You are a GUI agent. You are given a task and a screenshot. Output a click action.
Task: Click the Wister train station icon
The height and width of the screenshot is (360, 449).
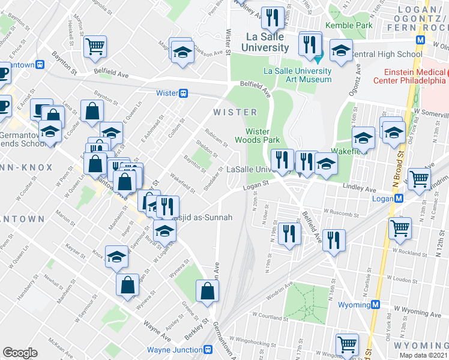click(x=183, y=93)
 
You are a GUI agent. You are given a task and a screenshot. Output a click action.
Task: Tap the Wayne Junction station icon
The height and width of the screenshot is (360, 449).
click(x=208, y=350)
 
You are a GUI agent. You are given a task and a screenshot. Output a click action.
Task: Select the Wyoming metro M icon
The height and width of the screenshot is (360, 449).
click(x=375, y=304)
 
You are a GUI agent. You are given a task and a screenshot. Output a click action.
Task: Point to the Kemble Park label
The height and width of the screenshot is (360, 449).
click(x=349, y=25)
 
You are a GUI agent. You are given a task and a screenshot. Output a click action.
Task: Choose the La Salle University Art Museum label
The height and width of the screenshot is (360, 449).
click(x=298, y=75)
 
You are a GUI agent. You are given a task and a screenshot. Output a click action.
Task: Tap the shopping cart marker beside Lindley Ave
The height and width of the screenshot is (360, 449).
click(x=418, y=178)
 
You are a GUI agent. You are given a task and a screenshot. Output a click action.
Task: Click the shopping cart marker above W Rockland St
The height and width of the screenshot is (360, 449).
click(x=400, y=228)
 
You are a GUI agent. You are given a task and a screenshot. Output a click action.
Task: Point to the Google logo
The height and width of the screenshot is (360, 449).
click(x=20, y=353)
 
